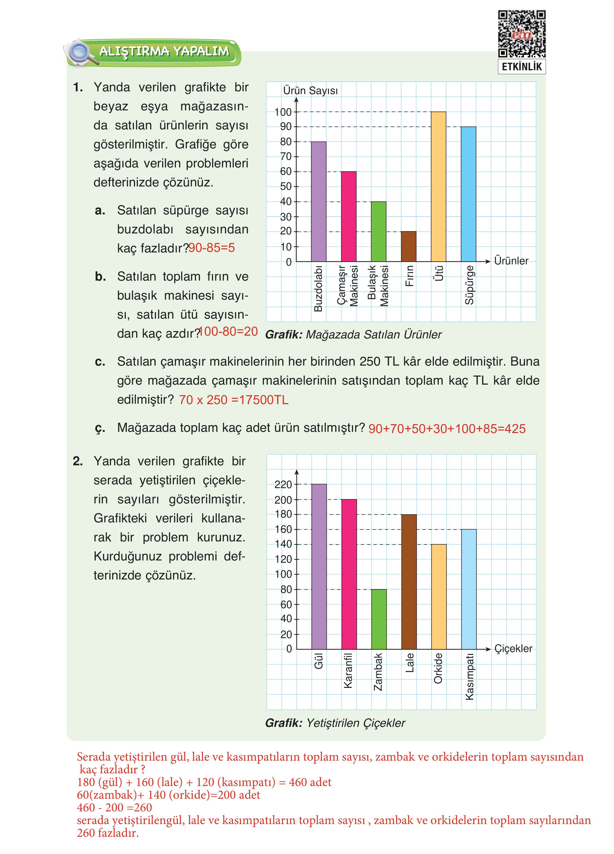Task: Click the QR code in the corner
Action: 521,34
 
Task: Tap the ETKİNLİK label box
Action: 521,67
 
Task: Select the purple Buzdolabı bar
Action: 319,201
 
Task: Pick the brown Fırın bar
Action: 409,246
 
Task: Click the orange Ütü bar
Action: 438,186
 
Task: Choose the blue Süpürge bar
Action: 468,194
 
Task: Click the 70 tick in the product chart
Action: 286,157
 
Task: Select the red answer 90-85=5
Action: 212,248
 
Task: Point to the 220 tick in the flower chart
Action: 283,485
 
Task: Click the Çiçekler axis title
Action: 513,648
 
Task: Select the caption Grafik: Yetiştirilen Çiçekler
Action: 335,723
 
